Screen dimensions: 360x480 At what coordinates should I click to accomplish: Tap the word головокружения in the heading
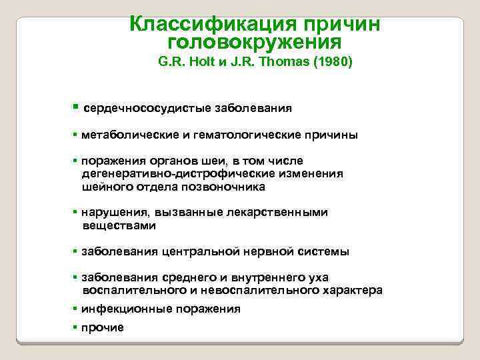255,43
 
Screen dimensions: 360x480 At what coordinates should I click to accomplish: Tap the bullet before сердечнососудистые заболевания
76,107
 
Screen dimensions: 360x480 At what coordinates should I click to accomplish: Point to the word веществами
119,225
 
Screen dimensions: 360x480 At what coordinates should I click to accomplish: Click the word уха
317,277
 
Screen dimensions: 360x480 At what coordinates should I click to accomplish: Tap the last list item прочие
103,327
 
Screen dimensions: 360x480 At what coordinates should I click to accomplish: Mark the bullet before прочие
76,327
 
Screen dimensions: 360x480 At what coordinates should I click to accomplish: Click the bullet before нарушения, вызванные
76,213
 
